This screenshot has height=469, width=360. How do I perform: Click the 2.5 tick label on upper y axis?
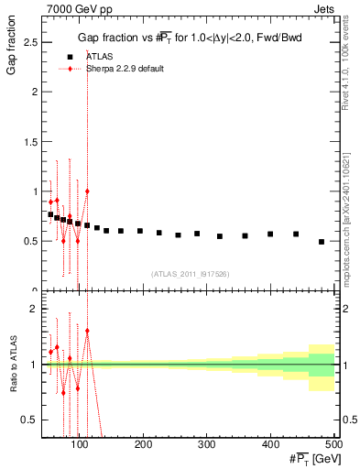coord(29,42)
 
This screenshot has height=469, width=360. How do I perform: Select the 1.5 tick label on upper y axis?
coord(29,142)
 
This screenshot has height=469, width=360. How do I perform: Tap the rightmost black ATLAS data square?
coord(322,242)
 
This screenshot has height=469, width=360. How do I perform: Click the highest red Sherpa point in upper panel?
coord(87,191)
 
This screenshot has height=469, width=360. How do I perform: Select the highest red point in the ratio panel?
coord(87,331)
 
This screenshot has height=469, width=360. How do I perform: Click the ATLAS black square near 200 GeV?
coord(140,231)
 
